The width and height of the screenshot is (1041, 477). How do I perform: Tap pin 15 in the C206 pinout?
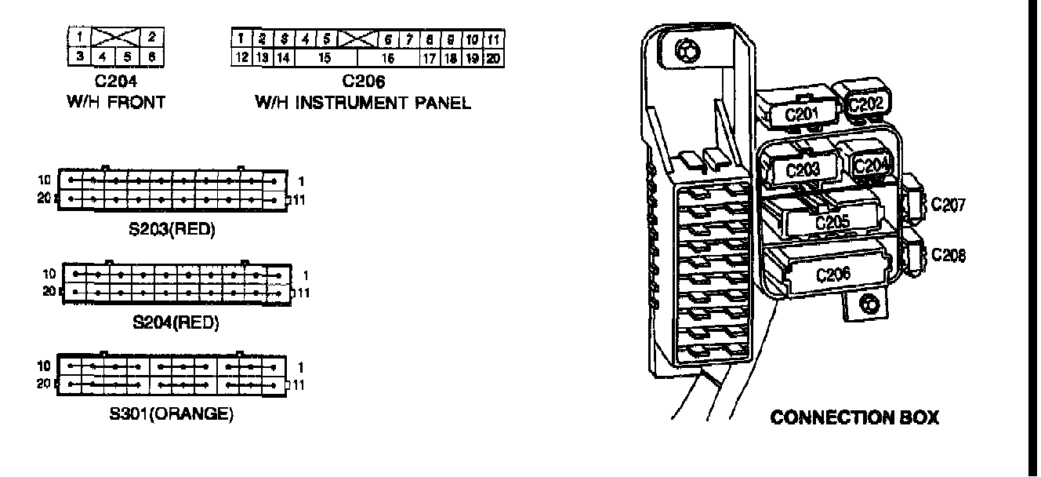pos(325,57)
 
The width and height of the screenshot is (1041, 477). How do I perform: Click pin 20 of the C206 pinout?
pos(494,57)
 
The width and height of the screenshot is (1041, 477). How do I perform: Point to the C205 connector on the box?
pos(832,222)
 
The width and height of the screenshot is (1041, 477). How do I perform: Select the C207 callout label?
pos(948,206)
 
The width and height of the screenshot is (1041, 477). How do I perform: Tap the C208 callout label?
pos(948,255)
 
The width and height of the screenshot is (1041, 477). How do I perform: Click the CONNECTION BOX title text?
pos(854,417)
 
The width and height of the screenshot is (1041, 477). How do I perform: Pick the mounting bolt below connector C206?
pos(867,304)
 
